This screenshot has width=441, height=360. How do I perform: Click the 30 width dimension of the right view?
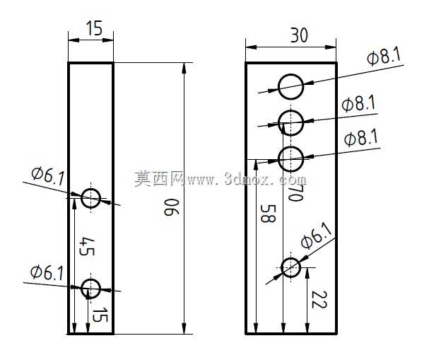[x=299, y=35]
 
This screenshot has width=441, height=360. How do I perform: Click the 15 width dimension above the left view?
[x=94, y=28]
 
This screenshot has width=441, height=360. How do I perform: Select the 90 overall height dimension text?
[x=171, y=207]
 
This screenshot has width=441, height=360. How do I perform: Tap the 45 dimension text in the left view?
[x=86, y=246]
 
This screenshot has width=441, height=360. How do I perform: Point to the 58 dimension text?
[x=268, y=214]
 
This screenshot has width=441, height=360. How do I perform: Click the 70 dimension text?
[x=296, y=193]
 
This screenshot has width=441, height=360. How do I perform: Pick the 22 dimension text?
[x=319, y=300]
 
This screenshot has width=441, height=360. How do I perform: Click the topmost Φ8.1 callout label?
[x=384, y=57]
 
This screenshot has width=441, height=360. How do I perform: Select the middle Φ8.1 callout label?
[x=359, y=104]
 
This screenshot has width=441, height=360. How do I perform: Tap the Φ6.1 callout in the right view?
[x=317, y=236]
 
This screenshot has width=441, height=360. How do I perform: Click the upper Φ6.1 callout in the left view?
[x=48, y=176]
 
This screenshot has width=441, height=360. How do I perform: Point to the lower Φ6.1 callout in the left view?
[x=47, y=272]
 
